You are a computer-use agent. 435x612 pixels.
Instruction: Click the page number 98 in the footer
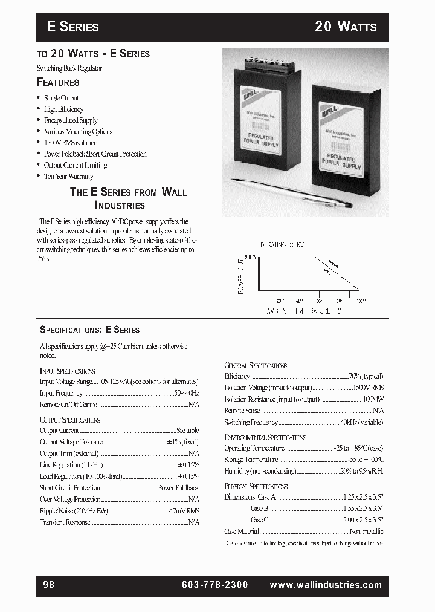[x=49, y=585]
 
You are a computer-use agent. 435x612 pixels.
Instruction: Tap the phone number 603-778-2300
[x=214, y=585]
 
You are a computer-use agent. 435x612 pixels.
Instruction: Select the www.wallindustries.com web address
[x=326, y=585]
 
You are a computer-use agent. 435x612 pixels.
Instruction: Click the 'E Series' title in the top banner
[x=72, y=27]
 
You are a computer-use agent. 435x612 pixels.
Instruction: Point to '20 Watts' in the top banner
[x=346, y=27]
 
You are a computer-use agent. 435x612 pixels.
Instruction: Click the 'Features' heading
[x=58, y=82]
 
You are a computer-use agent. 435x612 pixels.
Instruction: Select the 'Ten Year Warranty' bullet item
[x=68, y=177]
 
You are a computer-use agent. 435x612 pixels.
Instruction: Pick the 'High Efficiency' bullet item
[x=63, y=109]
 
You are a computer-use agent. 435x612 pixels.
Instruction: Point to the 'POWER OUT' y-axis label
[x=241, y=275]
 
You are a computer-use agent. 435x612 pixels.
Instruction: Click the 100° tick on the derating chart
[x=360, y=301]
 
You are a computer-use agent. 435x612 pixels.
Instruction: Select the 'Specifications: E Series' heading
[x=89, y=330]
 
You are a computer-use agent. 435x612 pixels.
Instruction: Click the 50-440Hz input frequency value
[x=186, y=393]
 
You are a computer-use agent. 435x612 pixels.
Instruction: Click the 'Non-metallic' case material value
[x=366, y=532]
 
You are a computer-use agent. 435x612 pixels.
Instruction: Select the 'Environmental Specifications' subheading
[x=265, y=437]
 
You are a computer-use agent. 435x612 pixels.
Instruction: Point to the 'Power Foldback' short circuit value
[x=178, y=488]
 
